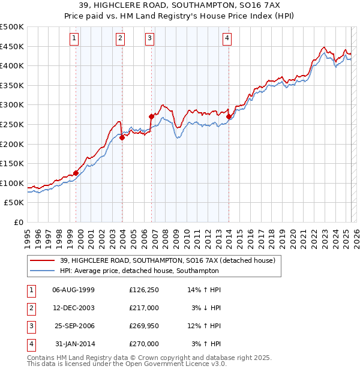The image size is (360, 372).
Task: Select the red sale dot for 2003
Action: pyautogui.click(x=122, y=137)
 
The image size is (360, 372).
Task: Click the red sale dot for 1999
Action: pyautogui.click(x=76, y=173)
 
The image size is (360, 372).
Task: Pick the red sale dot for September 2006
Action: pyautogui.click(x=151, y=116)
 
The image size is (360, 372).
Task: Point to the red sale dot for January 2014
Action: pyautogui.click(x=229, y=116)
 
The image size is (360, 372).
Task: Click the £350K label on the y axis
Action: pyautogui.click(x=12, y=85)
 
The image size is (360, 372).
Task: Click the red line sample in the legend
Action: pyautogui.click(x=43, y=260)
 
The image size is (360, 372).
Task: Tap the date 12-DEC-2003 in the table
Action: pyautogui.click(x=74, y=308)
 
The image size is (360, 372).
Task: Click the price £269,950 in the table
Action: pyautogui.click(x=144, y=326)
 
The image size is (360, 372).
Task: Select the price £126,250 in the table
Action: pyautogui.click(x=144, y=290)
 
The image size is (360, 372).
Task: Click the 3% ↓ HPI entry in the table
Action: pyautogui.click(x=206, y=308)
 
